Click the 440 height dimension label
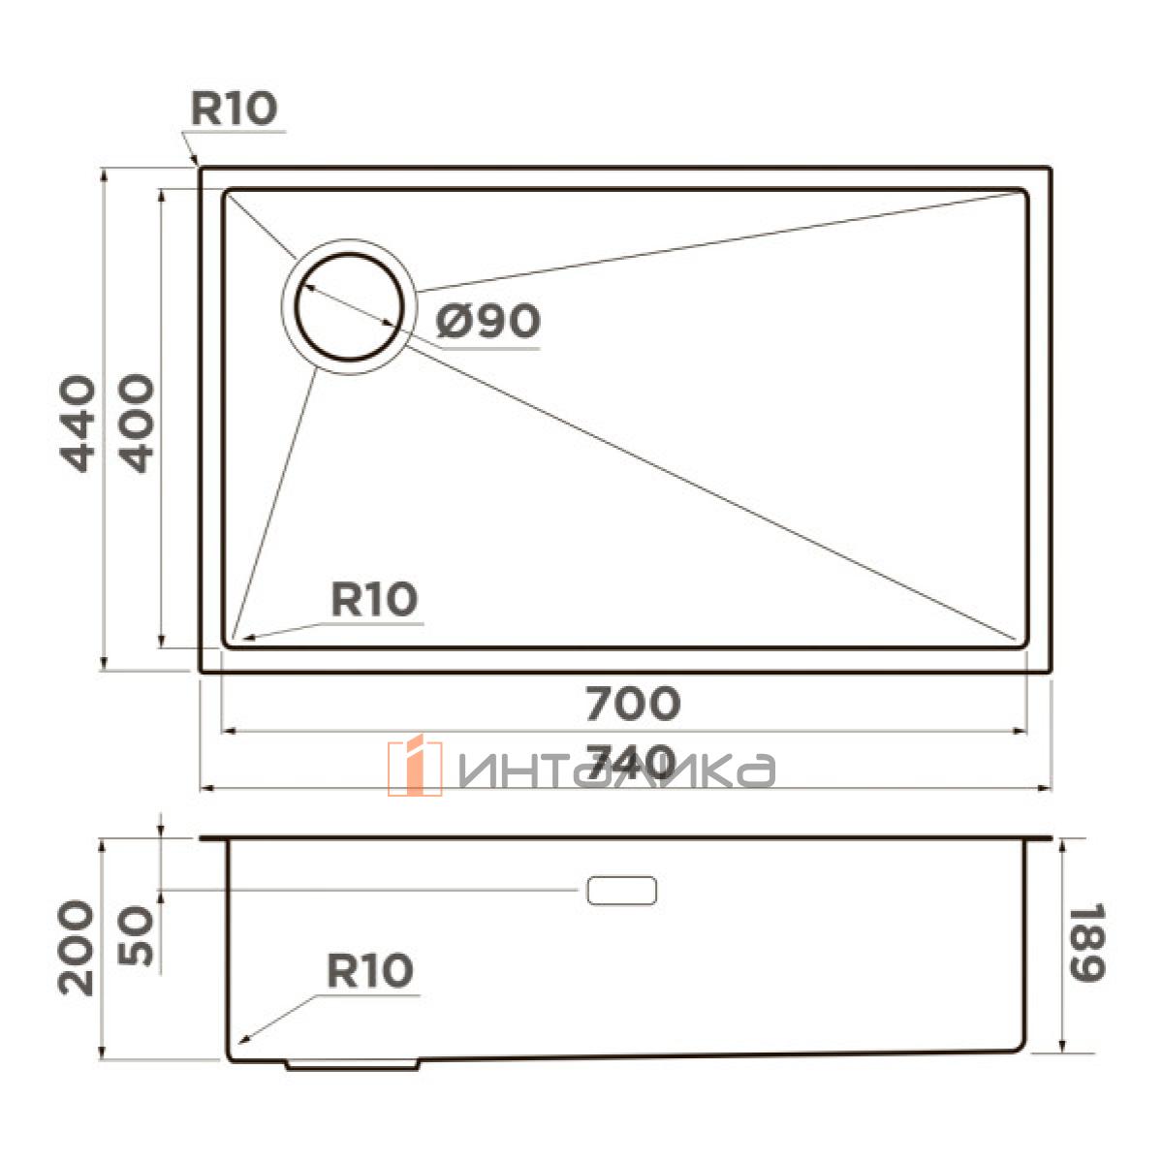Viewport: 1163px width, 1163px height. coord(78,424)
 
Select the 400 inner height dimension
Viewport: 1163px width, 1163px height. coord(136,424)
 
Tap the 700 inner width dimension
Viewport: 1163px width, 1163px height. coord(633,703)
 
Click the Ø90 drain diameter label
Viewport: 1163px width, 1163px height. coord(487,321)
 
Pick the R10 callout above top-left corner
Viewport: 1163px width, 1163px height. coord(235,109)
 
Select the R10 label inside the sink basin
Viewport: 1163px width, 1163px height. coord(374,599)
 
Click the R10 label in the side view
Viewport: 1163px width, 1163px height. coord(370,970)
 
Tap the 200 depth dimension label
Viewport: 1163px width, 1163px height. coord(76,947)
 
